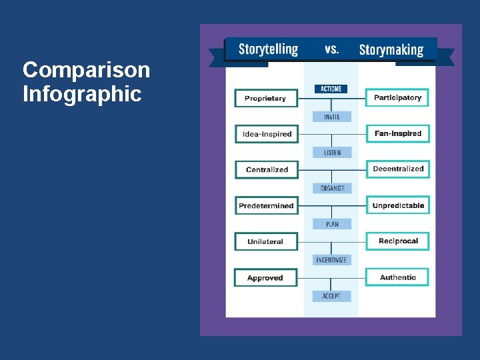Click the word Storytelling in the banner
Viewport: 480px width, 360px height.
[x=268, y=49]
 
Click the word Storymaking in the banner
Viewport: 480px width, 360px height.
[x=391, y=49]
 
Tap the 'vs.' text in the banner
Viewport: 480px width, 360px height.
[x=331, y=49]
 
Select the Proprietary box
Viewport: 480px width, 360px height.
[x=265, y=98]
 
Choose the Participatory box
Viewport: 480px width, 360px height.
[x=397, y=97]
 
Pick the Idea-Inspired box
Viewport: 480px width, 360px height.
[x=267, y=134]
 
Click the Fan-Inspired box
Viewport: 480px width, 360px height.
[x=397, y=133]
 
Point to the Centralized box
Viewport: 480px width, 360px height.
[x=267, y=169]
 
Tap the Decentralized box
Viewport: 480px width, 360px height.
[x=397, y=169]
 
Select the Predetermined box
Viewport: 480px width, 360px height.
[x=266, y=205]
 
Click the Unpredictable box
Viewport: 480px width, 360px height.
[x=397, y=205]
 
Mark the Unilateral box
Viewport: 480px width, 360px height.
[x=265, y=241]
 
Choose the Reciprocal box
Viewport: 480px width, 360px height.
[x=397, y=241]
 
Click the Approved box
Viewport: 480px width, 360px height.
[x=265, y=277]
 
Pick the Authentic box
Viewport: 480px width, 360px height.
[x=397, y=277]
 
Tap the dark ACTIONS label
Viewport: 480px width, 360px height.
[x=331, y=89]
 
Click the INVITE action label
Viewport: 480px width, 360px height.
[x=331, y=117]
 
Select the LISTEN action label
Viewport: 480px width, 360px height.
[x=332, y=153]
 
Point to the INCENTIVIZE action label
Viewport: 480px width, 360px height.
[x=331, y=260]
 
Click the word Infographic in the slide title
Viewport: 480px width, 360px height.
[x=82, y=94]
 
